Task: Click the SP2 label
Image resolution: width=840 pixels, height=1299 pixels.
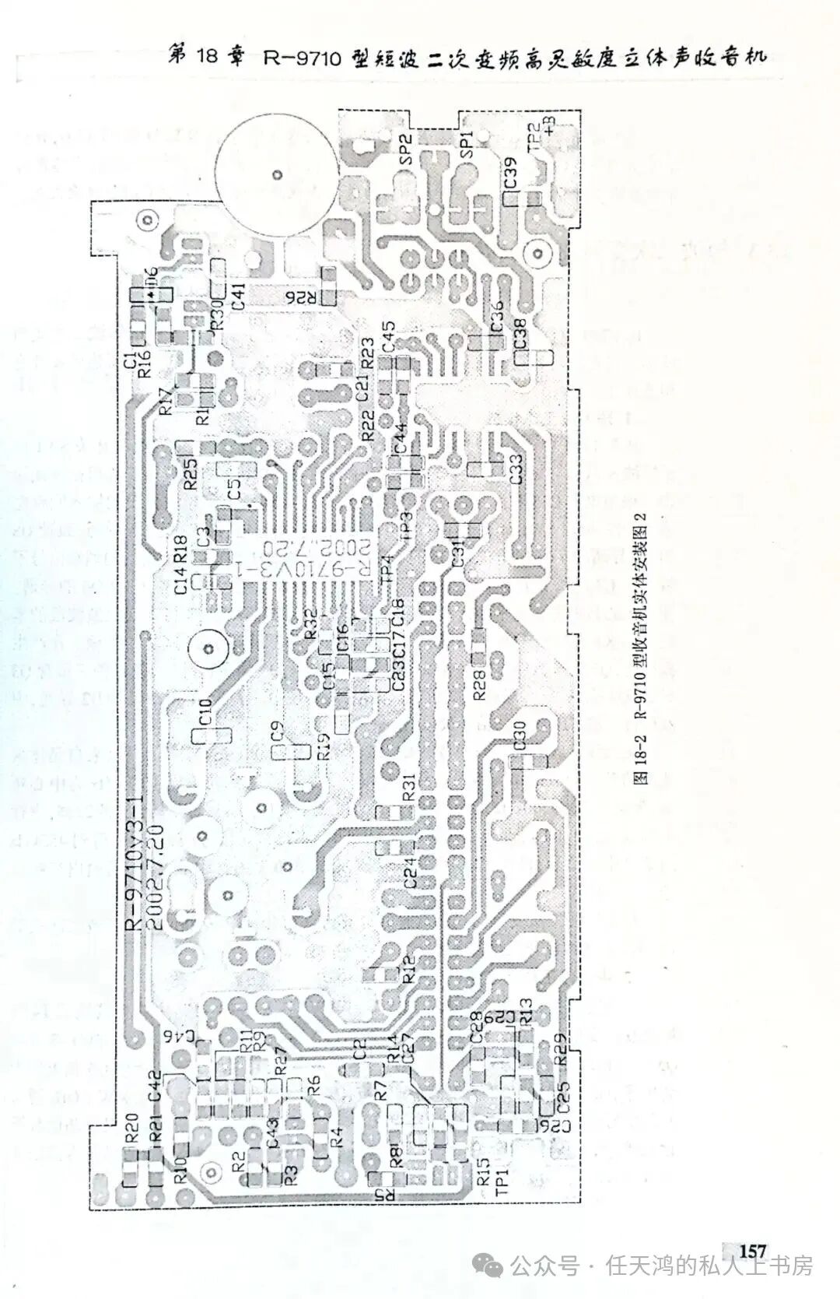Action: [404, 149]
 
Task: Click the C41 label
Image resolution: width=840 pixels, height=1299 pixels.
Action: [239, 296]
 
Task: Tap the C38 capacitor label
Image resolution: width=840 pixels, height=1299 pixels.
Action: [520, 334]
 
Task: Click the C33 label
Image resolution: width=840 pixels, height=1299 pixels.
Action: [516, 468]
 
